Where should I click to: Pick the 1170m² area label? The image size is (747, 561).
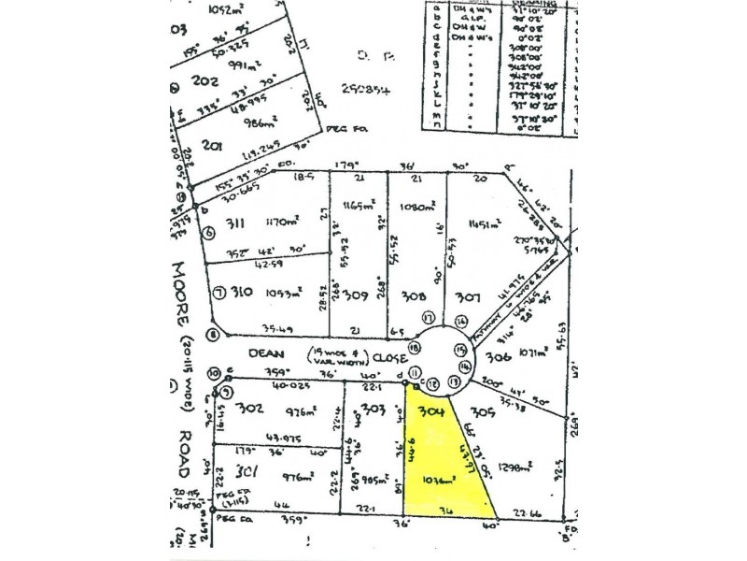pyautogui.click(x=280, y=223)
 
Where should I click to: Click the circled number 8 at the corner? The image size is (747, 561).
pyautogui.click(x=213, y=335)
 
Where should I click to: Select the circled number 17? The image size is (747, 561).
pyautogui.click(x=427, y=317)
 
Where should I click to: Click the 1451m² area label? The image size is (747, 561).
pyautogui.click(x=487, y=223)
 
